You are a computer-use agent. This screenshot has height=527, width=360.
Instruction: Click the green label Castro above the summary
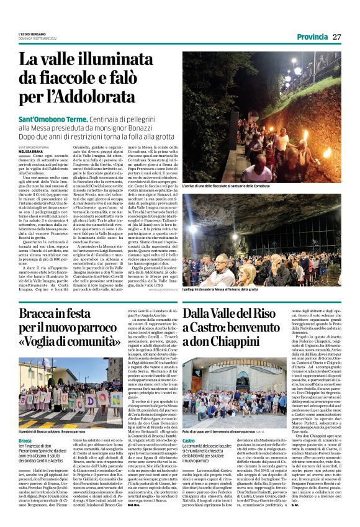click(189, 423)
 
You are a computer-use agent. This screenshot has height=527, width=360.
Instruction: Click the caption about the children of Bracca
click(52, 413)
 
